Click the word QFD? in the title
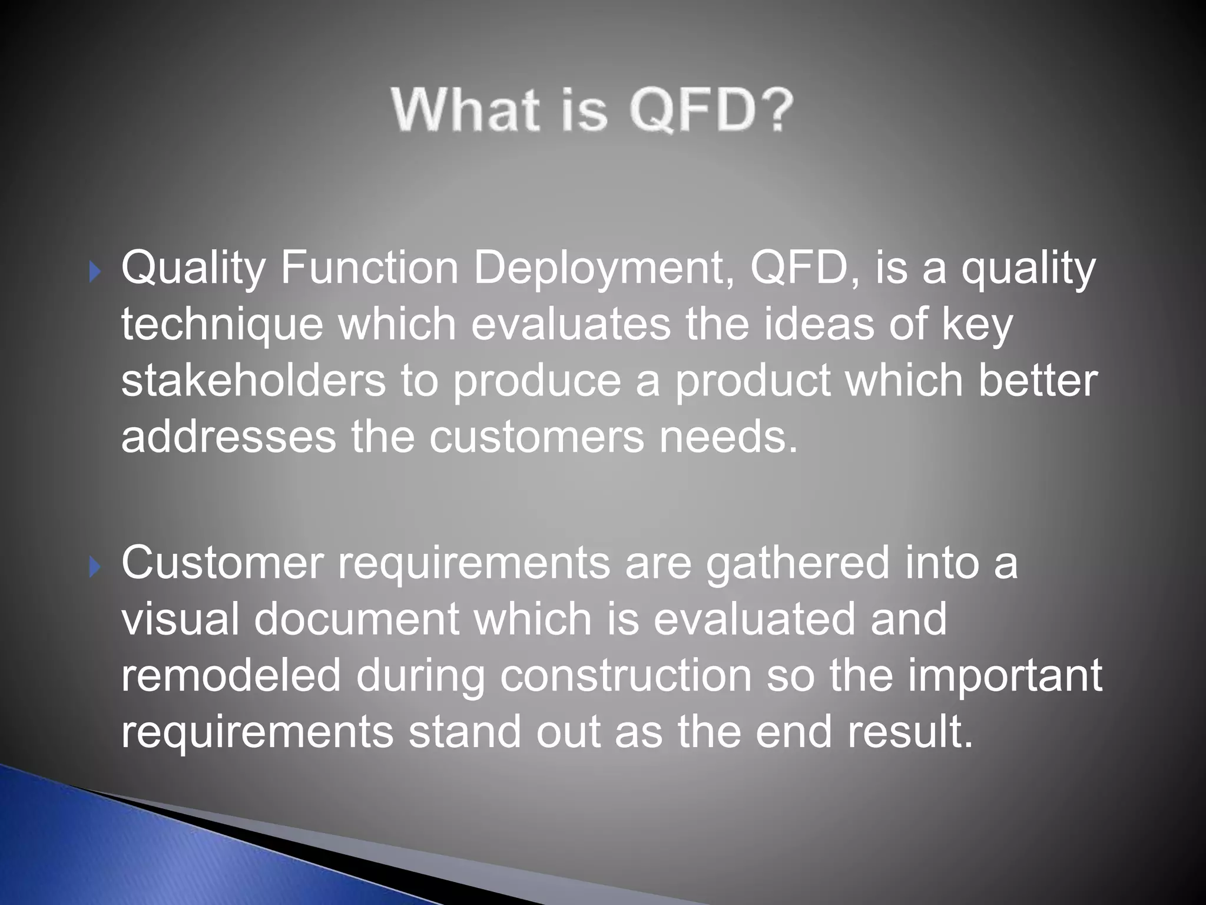click(x=711, y=111)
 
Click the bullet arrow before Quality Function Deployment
click(x=95, y=272)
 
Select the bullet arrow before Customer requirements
click(x=95, y=567)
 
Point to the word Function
click(x=370, y=267)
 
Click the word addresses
click(x=228, y=437)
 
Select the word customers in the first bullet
click(x=536, y=437)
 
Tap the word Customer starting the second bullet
click(x=223, y=563)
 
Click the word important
click(x=1004, y=676)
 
